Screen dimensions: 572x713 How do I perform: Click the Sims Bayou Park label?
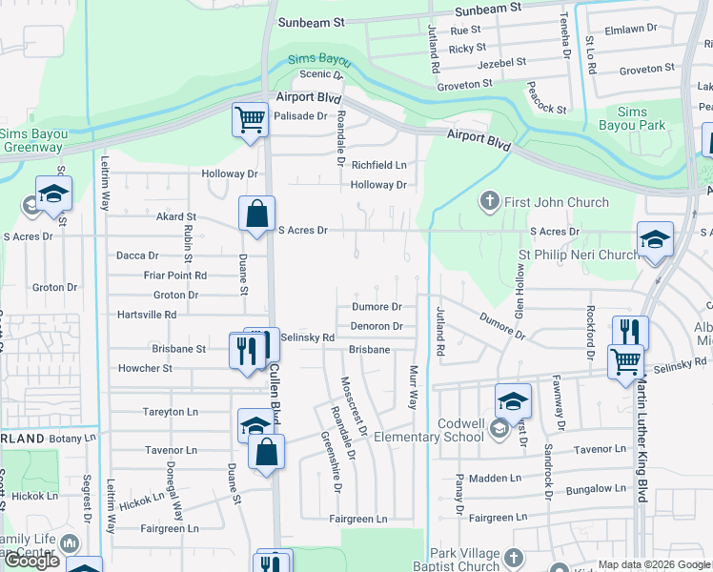click(632, 118)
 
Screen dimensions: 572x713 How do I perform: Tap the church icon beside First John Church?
click(489, 200)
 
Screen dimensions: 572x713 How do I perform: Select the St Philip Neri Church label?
click(579, 255)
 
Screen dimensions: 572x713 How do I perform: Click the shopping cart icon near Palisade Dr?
click(250, 121)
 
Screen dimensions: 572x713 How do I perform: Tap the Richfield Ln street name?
click(378, 165)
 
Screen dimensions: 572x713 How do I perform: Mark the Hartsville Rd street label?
click(146, 315)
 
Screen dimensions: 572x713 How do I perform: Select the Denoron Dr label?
click(377, 326)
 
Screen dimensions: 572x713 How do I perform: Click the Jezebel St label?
click(501, 62)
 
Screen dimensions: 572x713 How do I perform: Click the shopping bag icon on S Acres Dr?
click(257, 214)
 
